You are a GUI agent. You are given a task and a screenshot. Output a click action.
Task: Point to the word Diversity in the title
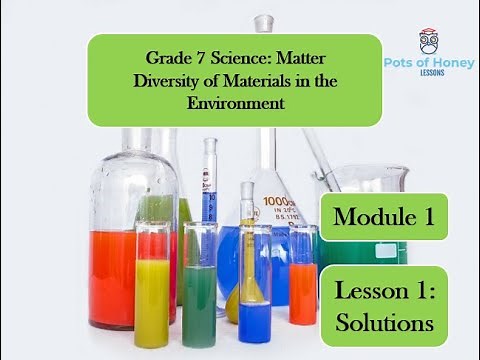tap(166, 81)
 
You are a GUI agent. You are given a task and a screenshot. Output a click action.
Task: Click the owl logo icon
tap(428, 41)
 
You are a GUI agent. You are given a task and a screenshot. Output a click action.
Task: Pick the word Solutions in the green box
tap(384, 323)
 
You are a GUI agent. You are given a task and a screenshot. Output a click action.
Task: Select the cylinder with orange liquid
tap(302, 290)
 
